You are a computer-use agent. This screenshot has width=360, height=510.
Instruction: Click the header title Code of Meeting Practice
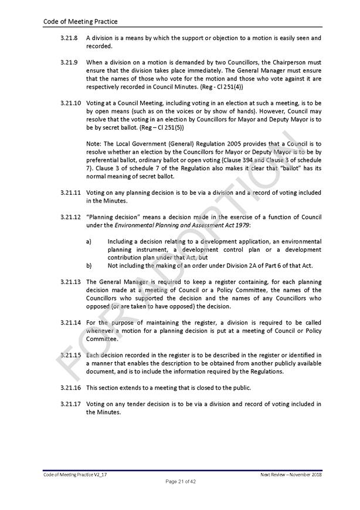[80, 22]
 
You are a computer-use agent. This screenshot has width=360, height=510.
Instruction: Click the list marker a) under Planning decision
[89, 241]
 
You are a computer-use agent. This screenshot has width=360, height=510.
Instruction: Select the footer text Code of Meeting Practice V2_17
[75, 474]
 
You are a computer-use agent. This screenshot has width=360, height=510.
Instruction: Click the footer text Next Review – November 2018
[291, 474]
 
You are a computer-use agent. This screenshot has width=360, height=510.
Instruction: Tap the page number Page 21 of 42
[180, 482]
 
